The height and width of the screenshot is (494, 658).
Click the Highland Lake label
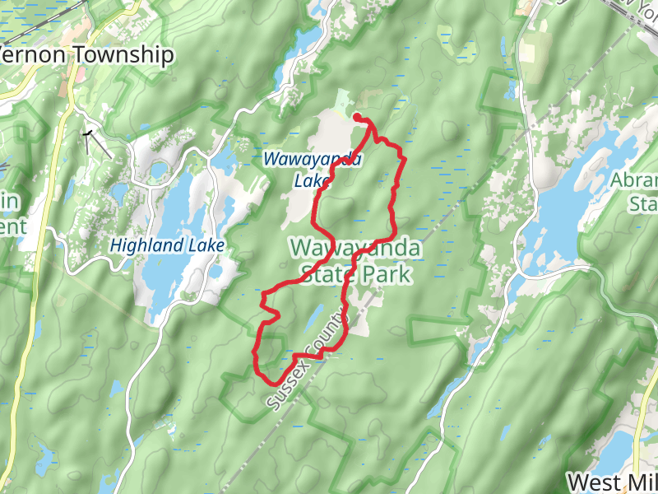click(165, 245)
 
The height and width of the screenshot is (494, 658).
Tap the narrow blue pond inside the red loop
click(314, 317)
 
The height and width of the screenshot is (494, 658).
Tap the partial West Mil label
click(613, 482)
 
